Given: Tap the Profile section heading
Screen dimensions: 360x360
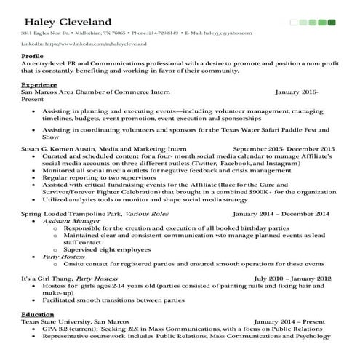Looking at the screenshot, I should pyautogui.click(x=33, y=56).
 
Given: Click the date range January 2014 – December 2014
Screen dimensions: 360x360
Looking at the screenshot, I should pyautogui.click(x=281, y=214).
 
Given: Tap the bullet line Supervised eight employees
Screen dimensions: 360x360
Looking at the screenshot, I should pyautogui.click(x=105, y=249).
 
